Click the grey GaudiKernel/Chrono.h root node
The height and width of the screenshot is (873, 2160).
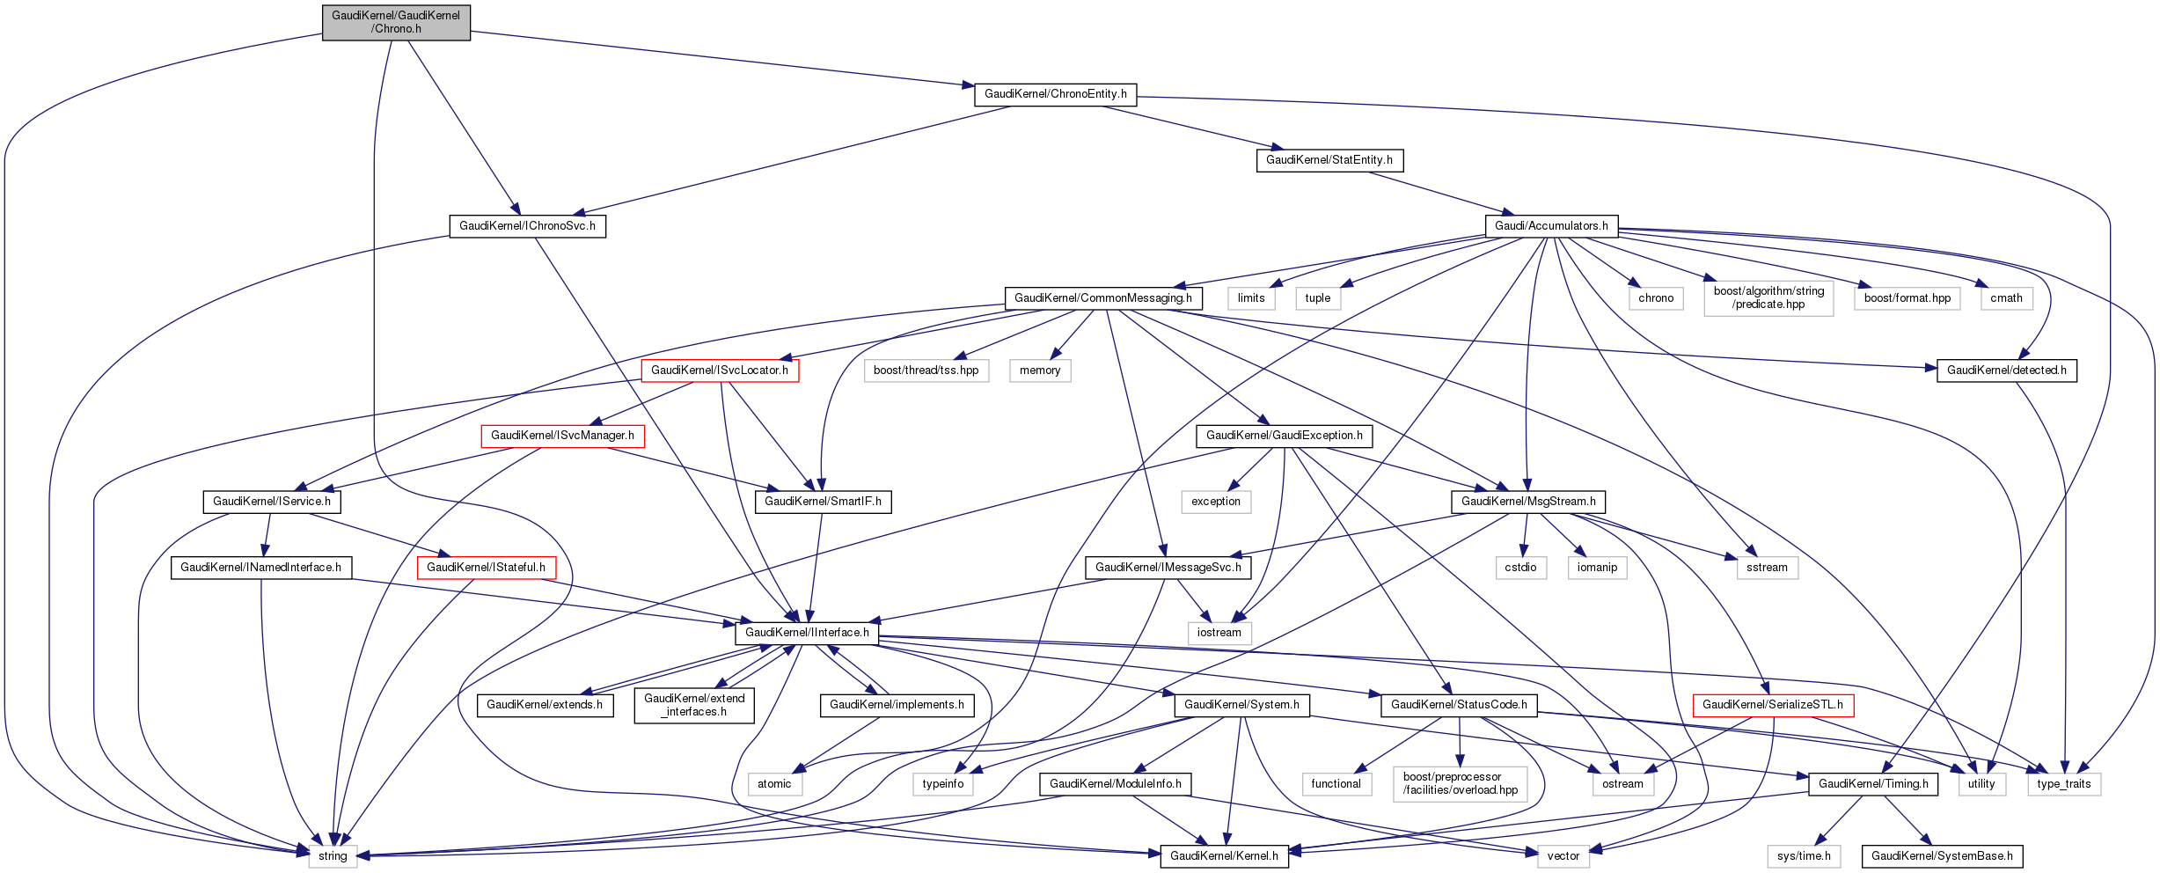click(396, 22)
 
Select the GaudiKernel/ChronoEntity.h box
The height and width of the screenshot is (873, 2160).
click(1055, 94)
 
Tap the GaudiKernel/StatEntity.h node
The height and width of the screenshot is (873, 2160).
click(1329, 160)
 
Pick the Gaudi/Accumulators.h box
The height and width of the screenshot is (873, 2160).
click(1550, 226)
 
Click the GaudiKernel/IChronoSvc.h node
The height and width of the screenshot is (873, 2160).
click(527, 226)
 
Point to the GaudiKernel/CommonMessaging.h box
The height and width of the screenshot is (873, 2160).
click(1103, 298)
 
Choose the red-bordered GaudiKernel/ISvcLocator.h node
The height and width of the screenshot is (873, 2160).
click(720, 370)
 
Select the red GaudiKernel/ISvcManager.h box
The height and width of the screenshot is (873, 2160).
click(562, 436)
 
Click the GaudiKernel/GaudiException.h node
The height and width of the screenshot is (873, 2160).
click(1284, 436)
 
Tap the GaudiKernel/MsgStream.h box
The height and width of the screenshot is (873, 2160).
click(1528, 502)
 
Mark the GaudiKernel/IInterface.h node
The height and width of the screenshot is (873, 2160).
click(807, 633)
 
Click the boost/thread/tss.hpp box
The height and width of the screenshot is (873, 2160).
click(926, 370)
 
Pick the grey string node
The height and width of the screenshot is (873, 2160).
click(333, 856)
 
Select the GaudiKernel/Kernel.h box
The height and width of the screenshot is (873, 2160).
click(1224, 856)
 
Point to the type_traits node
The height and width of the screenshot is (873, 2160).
click(2063, 784)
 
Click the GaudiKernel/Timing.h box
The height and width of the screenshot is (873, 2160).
click(1872, 784)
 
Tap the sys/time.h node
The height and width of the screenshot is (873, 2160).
click(1804, 856)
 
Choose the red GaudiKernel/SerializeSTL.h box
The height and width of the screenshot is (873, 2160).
click(1773, 705)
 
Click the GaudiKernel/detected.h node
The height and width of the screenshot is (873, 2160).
click(2006, 370)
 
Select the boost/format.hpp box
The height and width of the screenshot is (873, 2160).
click(1907, 298)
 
